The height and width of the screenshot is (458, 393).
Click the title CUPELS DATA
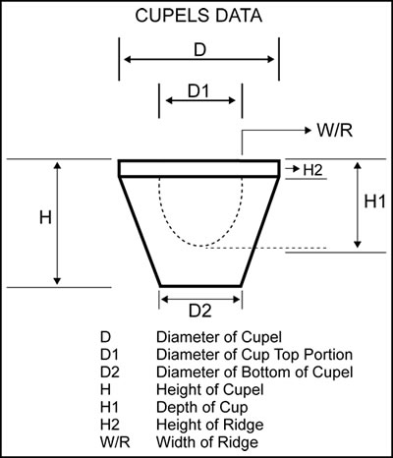click(x=198, y=16)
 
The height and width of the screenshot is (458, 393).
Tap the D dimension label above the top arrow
click(x=199, y=50)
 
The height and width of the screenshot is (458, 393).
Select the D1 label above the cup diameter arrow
click(x=198, y=91)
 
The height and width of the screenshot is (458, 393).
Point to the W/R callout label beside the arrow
click(x=334, y=131)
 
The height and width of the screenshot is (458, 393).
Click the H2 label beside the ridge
click(x=312, y=170)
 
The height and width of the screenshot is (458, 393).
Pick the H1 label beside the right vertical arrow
click(x=375, y=201)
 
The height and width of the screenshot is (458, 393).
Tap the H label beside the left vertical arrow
click(x=45, y=217)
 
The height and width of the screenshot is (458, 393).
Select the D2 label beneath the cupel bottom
click(x=200, y=311)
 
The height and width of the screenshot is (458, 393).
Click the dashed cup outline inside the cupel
click(x=201, y=246)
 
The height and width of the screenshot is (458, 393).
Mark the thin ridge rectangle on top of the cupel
click(x=199, y=168)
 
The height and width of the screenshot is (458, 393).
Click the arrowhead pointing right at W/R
click(x=308, y=131)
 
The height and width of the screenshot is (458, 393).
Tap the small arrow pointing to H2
click(x=293, y=169)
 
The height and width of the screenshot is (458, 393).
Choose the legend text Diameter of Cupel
click(x=219, y=337)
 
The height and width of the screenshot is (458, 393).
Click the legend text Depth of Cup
click(x=201, y=408)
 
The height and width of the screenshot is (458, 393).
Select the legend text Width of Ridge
click(x=207, y=442)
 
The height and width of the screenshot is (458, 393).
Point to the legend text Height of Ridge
click(x=209, y=425)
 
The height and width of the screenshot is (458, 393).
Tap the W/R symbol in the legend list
click(x=115, y=442)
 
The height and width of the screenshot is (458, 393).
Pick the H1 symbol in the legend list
click(x=109, y=408)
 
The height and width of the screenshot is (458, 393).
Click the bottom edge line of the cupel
click(x=200, y=286)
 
